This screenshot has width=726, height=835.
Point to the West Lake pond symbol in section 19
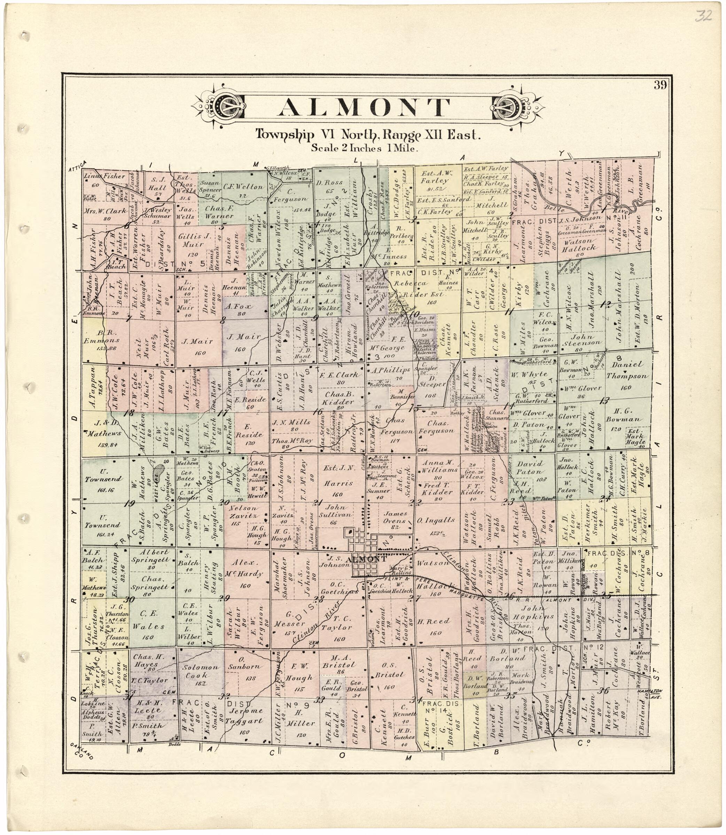(158, 472)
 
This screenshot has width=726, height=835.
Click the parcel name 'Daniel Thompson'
(627, 370)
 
